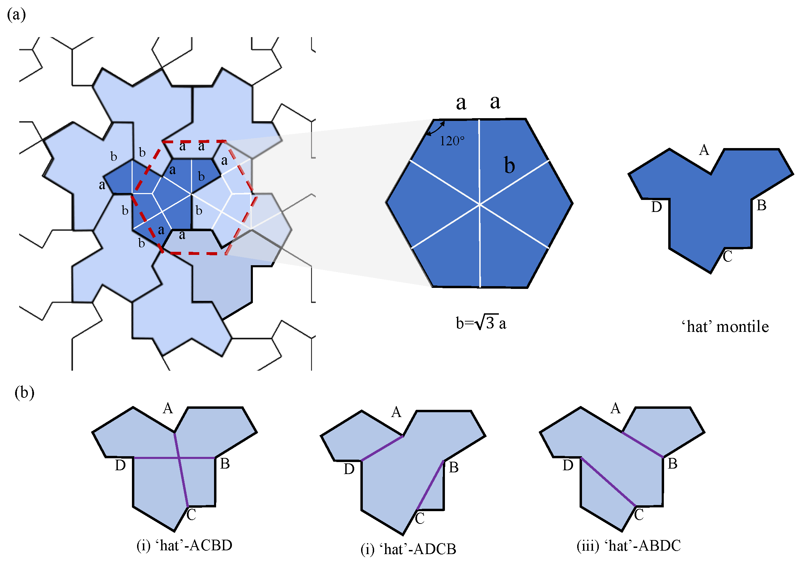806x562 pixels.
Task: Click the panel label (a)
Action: click(x=16, y=15)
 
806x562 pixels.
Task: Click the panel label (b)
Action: click(x=24, y=392)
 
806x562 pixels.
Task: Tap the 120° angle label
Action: click(x=452, y=141)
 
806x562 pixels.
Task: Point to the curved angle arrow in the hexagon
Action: click(x=435, y=129)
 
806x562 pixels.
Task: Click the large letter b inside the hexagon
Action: click(x=510, y=165)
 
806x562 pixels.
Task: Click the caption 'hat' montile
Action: click(x=725, y=327)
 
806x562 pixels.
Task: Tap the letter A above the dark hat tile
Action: click(x=704, y=150)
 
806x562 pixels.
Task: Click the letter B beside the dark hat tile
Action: click(x=761, y=205)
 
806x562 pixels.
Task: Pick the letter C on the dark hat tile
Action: click(x=727, y=257)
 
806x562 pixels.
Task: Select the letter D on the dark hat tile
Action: click(x=656, y=207)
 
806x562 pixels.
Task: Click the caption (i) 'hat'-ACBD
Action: click(x=184, y=546)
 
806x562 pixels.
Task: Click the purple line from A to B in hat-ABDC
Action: click(x=642, y=445)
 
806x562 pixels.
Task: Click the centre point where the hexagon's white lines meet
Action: click(x=480, y=204)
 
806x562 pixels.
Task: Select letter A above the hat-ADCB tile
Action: click(x=396, y=412)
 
